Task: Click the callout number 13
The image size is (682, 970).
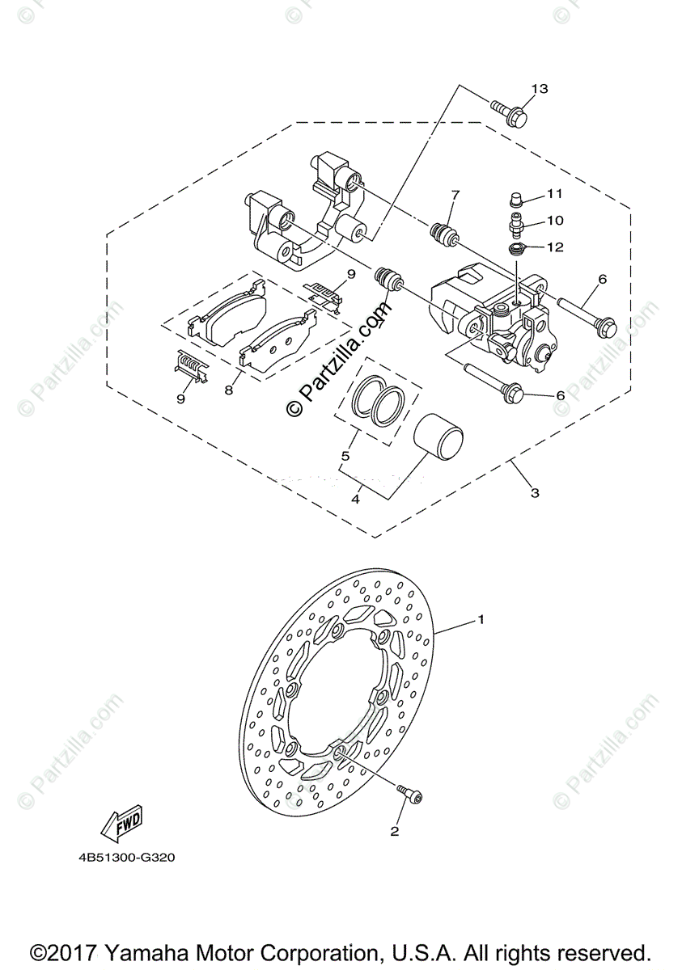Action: click(x=540, y=88)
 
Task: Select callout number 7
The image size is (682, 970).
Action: click(x=455, y=195)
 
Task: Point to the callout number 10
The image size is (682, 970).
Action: click(x=555, y=220)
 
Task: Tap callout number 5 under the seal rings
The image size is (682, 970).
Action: click(x=345, y=457)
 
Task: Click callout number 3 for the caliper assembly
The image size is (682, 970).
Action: click(x=534, y=491)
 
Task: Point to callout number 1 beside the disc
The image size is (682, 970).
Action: click(x=481, y=621)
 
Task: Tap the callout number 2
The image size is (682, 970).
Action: click(x=395, y=831)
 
